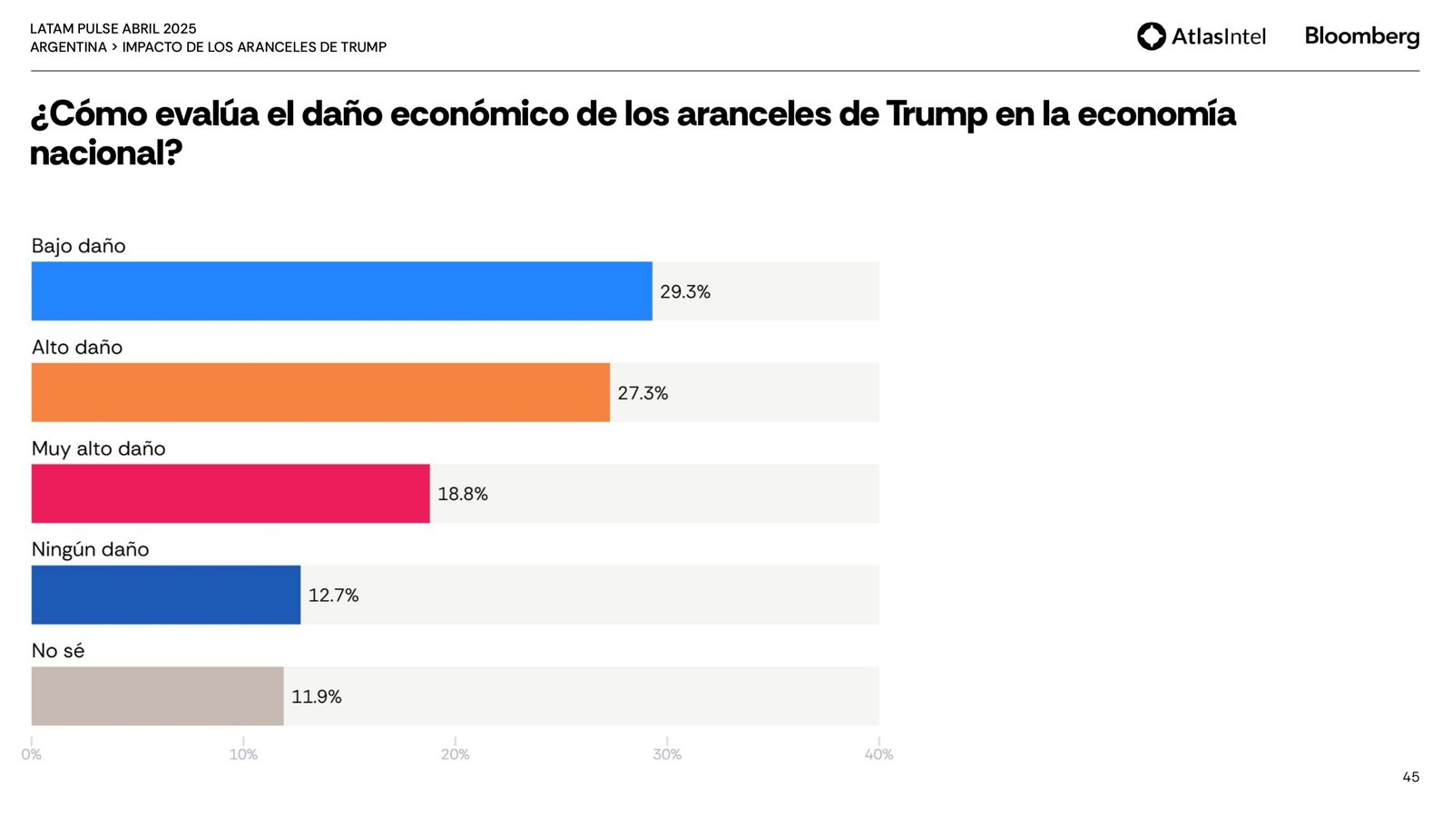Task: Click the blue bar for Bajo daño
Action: coord(341,291)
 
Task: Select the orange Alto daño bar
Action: coord(320,392)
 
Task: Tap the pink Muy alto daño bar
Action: coord(231,494)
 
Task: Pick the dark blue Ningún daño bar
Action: coord(166,595)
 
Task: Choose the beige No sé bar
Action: coord(157,696)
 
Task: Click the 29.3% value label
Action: coord(685,292)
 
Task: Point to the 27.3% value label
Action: coord(643,393)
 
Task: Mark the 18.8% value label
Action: coord(463,494)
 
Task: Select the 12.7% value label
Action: coord(333,596)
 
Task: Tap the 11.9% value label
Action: coord(316,696)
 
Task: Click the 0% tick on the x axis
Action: coord(31,754)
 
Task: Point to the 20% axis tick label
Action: coord(455,754)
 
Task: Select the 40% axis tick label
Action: coord(878,754)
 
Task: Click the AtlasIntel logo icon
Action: coord(1152,36)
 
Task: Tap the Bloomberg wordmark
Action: coord(1361,36)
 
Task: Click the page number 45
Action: coord(1410,777)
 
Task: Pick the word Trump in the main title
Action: coord(937,114)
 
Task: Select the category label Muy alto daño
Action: coord(99,448)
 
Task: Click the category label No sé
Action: coord(58,651)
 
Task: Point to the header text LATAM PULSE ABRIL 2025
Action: coord(113,29)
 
